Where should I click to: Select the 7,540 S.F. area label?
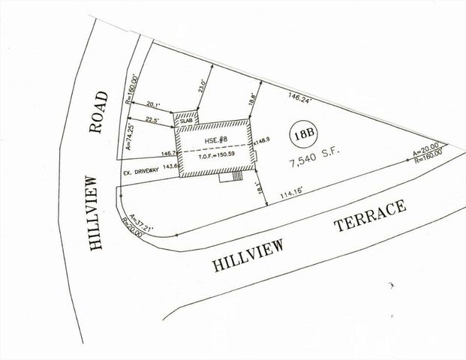pyautogui.click(x=308, y=160)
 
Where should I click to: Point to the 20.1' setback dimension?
pyautogui.click(x=154, y=104)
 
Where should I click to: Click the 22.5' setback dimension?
pyautogui.click(x=152, y=118)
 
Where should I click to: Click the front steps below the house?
pyautogui.click(x=230, y=178)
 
